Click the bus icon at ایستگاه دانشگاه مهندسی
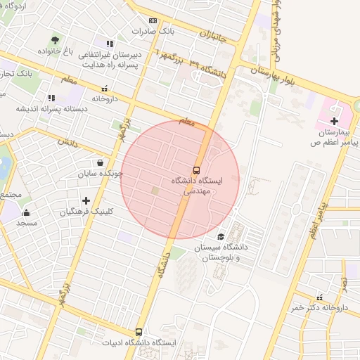(196, 169)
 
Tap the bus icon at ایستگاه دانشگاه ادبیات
(139, 332)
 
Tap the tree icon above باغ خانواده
(55, 39)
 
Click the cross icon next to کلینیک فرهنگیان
(86, 201)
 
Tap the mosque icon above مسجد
(27, 212)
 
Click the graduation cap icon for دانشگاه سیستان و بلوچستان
(221, 237)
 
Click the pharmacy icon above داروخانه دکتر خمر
(321, 297)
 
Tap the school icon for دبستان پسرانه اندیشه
(51, 98)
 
